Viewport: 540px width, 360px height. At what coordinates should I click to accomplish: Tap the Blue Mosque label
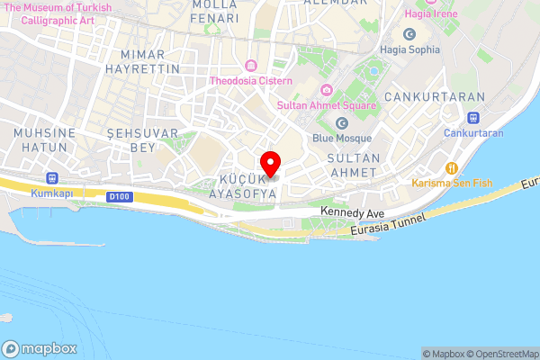click(x=341, y=138)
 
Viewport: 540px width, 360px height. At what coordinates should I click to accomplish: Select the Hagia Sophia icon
click(x=409, y=34)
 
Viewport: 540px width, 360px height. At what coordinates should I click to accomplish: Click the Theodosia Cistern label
click(x=252, y=81)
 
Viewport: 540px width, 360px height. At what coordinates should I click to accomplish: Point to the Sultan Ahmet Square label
click(x=326, y=105)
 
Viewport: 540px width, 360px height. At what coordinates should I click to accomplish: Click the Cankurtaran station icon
click(x=473, y=117)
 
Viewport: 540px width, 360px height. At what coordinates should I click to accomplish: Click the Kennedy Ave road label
click(x=352, y=213)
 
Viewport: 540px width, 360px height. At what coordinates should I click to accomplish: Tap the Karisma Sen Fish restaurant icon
click(x=452, y=167)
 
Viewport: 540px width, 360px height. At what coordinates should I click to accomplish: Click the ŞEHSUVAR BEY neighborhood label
click(x=131, y=139)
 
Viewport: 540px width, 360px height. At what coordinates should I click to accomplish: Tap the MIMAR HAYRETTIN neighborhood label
click(x=142, y=60)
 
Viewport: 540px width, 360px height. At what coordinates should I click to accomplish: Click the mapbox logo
click(x=40, y=348)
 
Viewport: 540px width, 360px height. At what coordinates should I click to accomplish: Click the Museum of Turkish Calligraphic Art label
click(x=58, y=13)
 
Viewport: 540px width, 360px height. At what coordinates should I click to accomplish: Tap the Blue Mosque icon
click(x=341, y=122)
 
